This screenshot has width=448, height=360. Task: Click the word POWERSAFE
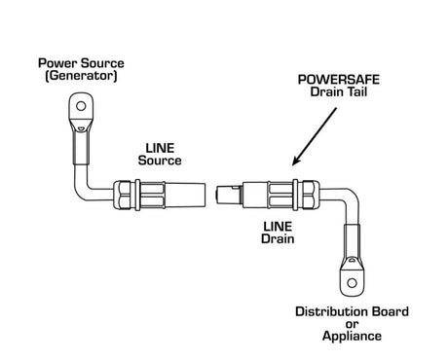click(339, 80)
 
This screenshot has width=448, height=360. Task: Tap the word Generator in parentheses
click(81, 76)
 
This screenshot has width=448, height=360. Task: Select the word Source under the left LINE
click(160, 161)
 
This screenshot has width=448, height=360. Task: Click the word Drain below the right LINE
click(278, 238)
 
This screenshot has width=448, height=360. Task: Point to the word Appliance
click(352, 336)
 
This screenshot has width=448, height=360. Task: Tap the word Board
click(391, 311)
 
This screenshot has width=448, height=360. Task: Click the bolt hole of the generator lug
click(81, 106)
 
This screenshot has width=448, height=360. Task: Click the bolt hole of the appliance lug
click(352, 283)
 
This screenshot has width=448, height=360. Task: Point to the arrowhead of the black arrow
click(297, 161)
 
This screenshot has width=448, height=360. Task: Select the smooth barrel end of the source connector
click(185, 195)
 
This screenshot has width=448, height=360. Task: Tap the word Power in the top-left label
click(57, 63)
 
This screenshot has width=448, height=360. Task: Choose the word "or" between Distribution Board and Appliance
click(352, 324)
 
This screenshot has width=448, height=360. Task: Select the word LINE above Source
click(160, 148)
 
